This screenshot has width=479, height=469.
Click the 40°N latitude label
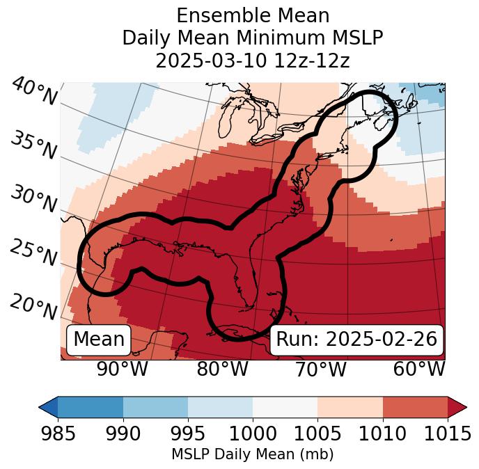coord(34,92)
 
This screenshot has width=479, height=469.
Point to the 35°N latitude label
coord(33,145)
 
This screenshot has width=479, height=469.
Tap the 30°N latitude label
coord(33,200)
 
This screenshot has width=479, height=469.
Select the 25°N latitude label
coord(33,253)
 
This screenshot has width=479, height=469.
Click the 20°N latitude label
coord(33,306)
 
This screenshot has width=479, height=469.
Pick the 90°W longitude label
coord(123,369)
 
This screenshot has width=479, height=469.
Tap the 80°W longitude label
coord(222,369)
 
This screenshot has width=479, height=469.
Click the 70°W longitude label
coord(320,369)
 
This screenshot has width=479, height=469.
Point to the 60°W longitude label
coord(419,369)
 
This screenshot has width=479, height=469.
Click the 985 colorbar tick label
coord(58,434)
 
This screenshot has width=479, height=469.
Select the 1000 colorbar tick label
coord(253,434)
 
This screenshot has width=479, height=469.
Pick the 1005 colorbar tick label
coord(317,434)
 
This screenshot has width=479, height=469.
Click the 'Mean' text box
coord(99,339)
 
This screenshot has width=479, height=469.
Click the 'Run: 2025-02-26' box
coord(356,339)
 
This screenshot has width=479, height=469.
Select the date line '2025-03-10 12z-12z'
coord(253,61)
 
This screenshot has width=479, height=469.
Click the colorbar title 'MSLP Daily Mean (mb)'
coord(253,455)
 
